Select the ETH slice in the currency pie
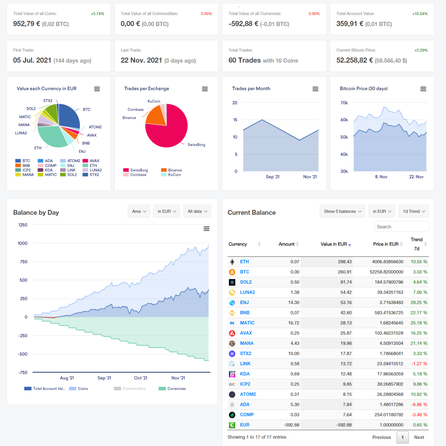click(52, 136)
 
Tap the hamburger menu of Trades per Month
click(315, 89)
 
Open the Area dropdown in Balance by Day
click(139, 211)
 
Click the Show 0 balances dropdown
click(342, 211)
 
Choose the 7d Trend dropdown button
click(414, 211)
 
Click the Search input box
click(401, 227)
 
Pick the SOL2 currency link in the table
click(246, 282)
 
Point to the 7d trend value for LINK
click(419, 363)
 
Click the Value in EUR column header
click(333, 244)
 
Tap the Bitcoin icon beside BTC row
click(232, 272)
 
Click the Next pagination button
click(419, 437)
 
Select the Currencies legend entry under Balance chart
click(172, 389)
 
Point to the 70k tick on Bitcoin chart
click(344, 103)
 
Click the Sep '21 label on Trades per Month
click(272, 177)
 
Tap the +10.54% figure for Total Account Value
click(420, 14)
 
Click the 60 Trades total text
click(245, 61)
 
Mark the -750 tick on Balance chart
click(23, 372)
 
